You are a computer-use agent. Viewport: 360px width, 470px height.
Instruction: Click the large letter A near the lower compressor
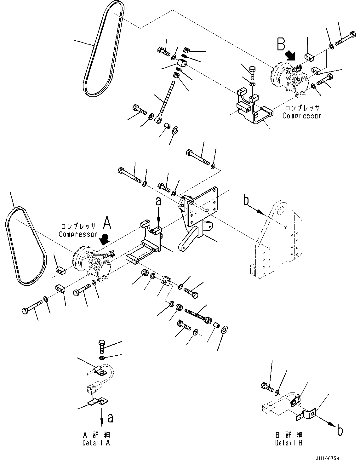click(107, 224)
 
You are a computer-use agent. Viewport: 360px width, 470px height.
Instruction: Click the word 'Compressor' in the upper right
click(302, 116)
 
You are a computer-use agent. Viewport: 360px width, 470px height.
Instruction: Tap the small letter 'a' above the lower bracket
click(158, 201)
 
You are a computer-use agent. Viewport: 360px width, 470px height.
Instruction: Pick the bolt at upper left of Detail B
click(266, 386)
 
